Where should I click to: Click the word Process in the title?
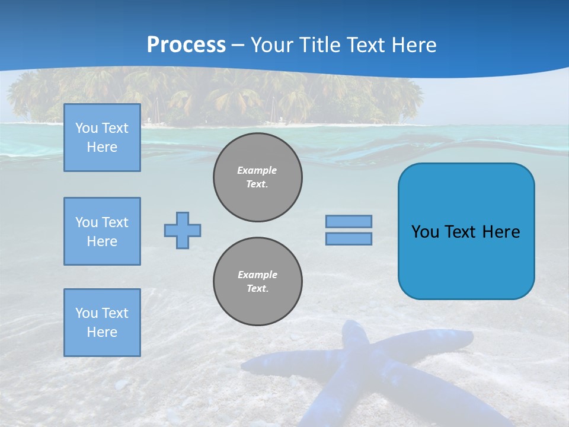click(186, 45)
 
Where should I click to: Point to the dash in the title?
click(238, 46)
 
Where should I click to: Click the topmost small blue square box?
click(102, 138)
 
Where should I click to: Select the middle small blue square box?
click(102, 231)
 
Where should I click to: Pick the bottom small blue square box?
click(102, 323)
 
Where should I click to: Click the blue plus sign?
click(183, 230)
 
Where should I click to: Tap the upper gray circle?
click(258, 177)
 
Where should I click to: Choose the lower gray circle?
click(258, 282)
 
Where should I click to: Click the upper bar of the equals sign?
click(349, 221)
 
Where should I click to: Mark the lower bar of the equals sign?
click(349, 239)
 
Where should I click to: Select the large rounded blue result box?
click(466, 261)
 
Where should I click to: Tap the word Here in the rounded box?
click(501, 232)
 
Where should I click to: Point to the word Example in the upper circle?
click(257, 170)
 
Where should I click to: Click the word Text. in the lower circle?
click(258, 289)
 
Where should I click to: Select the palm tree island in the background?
click(213, 95)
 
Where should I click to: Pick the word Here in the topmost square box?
click(102, 147)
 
